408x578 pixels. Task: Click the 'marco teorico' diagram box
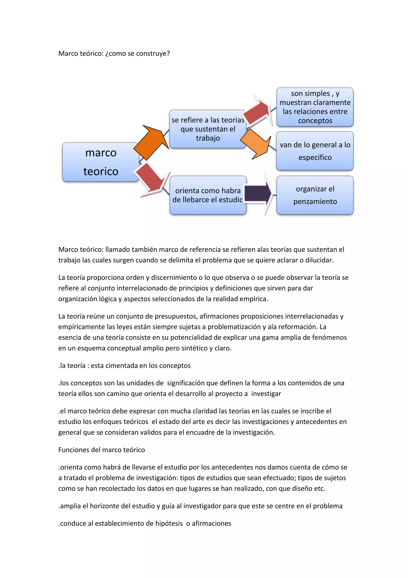(x=100, y=162)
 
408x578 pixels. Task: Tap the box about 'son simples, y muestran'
(x=315, y=107)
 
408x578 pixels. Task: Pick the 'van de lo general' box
(x=315, y=151)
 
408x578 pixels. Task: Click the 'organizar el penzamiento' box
(x=315, y=195)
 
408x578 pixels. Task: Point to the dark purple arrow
(x=258, y=194)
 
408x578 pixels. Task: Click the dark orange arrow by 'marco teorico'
(x=151, y=142)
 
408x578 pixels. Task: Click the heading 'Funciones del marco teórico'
(x=101, y=450)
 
